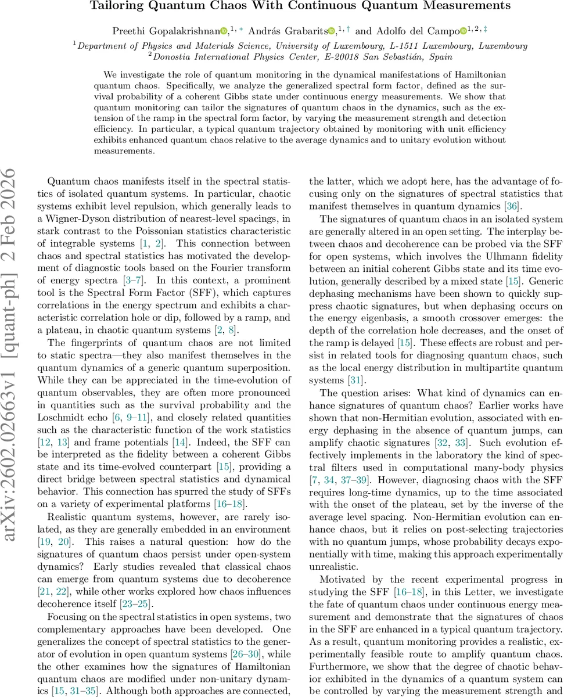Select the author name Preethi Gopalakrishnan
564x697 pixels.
coord(173,31)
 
